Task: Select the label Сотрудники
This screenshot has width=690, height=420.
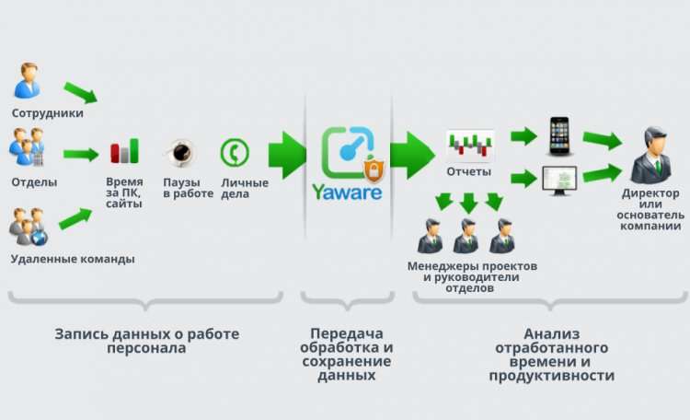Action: pyautogui.click(x=47, y=113)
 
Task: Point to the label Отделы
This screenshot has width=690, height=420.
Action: pyautogui.click(x=33, y=181)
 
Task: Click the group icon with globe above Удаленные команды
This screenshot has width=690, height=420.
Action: pyautogui.click(x=29, y=228)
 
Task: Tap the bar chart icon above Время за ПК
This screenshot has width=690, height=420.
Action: pyautogui.click(x=124, y=151)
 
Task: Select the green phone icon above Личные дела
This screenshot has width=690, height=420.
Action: pyautogui.click(x=234, y=151)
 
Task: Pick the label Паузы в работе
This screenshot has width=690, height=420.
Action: pyautogui.click(x=188, y=187)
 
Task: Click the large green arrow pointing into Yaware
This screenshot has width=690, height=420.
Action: pyautogui.click(x=287, y=151)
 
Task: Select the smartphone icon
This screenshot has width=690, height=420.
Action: pyautogui.click(x=558, y=135)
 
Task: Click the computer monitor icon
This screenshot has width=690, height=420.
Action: pyautogui.click(x=558, y=180)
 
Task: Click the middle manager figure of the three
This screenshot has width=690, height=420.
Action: pyautogui.click(x=466, y=236)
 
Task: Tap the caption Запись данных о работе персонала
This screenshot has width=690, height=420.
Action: pyautogui.click(x=146, y=340)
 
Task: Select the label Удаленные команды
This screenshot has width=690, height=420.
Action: pyautogui.click(x=72, y=259)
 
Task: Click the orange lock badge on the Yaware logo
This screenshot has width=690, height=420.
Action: pyautogui.click(x=373, y=170)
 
